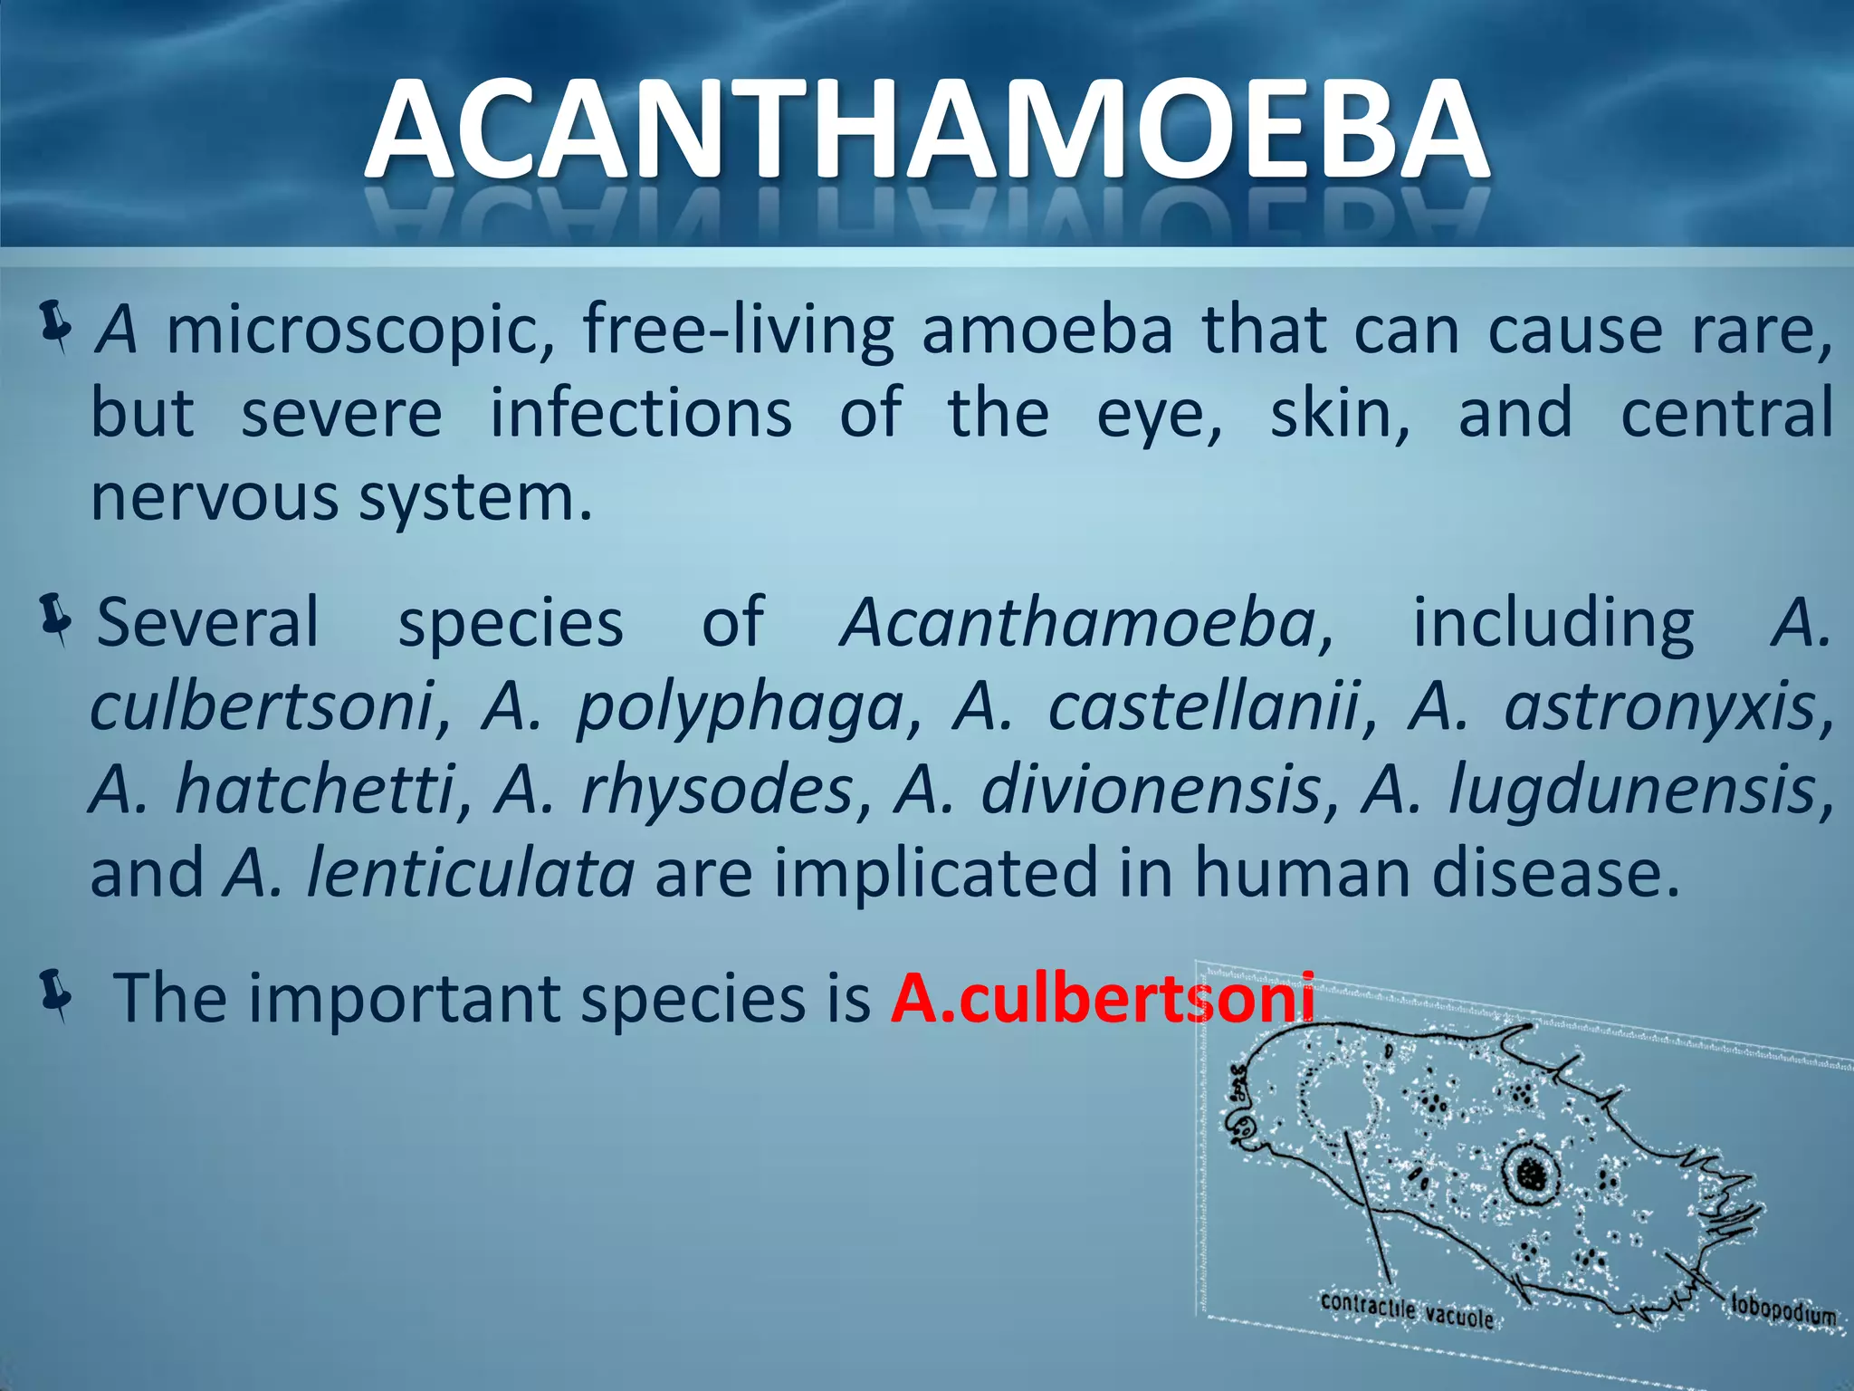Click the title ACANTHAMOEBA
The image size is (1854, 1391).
(927, 131)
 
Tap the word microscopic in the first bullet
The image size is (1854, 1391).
(360, 331)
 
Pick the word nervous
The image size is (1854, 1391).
(214, 499)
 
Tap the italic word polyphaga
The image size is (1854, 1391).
(741, 708)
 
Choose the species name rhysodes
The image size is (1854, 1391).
(717, 790)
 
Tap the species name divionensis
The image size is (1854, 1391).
(1152, 790)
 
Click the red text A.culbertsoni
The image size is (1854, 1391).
(1103, 999)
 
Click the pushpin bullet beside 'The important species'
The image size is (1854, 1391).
(56, 995)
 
